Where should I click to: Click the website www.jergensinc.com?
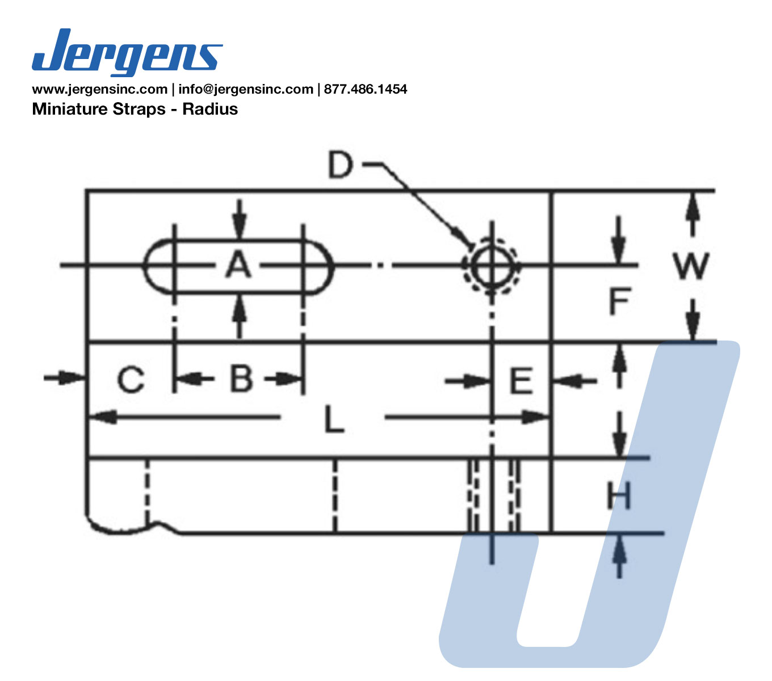(x=100, y=89)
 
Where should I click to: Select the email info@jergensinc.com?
(x=246, y=89)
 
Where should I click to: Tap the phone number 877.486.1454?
(x=366, y=89)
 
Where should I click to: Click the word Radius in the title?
(x=210, y=109)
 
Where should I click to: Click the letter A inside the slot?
(x=238, y=263)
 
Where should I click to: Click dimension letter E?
(x=521, y=380)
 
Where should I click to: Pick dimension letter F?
(x=619, y=301)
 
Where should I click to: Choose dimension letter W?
(x=691, y=266)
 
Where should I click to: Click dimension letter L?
(x=334, y=419)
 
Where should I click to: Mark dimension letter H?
(x=618, y=495)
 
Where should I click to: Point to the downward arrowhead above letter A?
(x=239, y=227)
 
